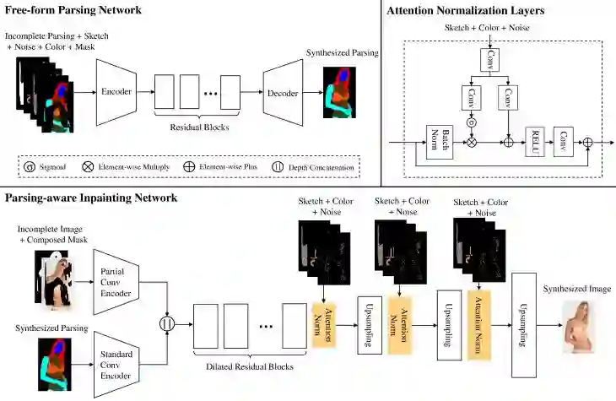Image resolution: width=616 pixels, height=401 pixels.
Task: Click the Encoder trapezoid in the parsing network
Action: (x=116, y=92)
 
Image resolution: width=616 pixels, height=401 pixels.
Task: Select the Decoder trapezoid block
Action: (x=283, y=93)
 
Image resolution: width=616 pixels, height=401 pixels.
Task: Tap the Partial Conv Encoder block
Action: (x=116, y=282)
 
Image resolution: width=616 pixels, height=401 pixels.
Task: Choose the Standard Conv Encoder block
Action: (x=116, y=365)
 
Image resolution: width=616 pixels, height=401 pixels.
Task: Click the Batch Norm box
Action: (x=440, y=142)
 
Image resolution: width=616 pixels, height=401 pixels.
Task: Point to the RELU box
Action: (x=535, y=142)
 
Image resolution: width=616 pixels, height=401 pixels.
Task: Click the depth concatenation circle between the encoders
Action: (x=167, y=324)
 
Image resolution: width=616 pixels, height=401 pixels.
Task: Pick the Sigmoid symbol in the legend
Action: (x=30, y=166)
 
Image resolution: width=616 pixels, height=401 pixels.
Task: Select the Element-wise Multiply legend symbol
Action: (x=88, y=166)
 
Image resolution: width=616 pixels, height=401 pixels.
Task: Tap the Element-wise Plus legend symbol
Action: (x=189, y=166)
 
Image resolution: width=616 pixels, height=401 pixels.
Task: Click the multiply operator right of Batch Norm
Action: (x=472, y=142)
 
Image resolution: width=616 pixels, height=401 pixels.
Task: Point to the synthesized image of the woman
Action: (x=578, y=327)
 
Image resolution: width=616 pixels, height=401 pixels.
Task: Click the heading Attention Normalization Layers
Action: (x=466, y=11)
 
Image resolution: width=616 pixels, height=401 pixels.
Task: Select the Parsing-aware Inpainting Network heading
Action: (x=91, y=198)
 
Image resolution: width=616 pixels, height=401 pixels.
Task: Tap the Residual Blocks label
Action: (x=199, y=127)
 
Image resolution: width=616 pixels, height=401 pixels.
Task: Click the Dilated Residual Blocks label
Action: (x=250, y=366)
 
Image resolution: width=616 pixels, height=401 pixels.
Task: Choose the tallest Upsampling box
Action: (x=524, y=325)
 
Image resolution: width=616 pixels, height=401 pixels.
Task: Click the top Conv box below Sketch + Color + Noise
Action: (x=490, y=60)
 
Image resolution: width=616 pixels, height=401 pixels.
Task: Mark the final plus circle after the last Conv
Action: (x=587, y=142)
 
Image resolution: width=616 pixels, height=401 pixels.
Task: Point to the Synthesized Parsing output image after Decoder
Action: (x=339, y=92)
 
